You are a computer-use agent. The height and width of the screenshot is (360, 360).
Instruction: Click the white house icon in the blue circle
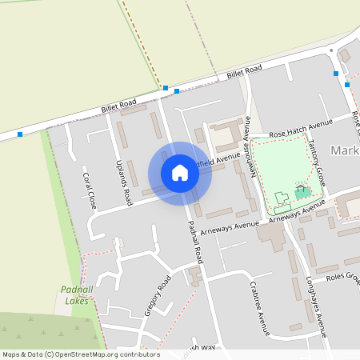coord(180,173)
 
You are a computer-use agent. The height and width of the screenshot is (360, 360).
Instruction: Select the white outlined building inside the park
coord(281,197)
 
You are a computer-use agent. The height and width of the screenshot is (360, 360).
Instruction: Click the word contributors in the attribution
coord(141,354)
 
